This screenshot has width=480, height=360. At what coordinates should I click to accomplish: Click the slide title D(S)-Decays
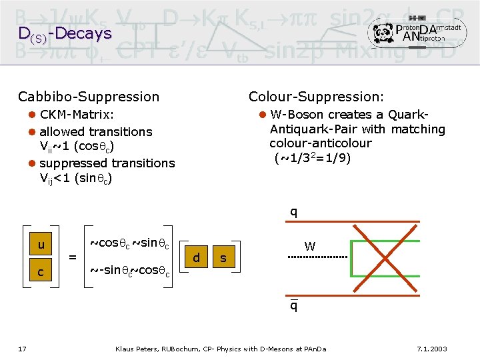(65, 33)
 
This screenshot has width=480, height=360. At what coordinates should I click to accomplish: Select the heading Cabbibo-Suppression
(89, 97)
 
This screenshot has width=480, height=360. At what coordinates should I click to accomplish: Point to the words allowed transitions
(96, 131)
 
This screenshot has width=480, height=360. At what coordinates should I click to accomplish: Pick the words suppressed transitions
(107, 163)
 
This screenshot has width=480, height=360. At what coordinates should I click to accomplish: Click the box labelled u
(41, 245)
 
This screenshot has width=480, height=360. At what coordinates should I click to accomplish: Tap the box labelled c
(41, 272)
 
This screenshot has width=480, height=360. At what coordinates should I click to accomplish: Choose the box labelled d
(196, 257)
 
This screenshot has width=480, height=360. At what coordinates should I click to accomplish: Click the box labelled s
(223, 257)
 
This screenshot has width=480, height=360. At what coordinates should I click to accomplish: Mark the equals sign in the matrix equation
(73, 256)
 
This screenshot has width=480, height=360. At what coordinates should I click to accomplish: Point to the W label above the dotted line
(310, 245)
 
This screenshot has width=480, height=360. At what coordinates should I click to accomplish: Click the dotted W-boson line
(318, 257)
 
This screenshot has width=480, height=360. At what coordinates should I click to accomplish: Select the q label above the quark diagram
(293, 213)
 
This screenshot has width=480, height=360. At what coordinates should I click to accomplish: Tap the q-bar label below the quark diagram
(293, 306)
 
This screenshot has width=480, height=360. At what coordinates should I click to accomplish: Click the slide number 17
(23, 349)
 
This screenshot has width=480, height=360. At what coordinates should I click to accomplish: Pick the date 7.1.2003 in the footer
(431, 349)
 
